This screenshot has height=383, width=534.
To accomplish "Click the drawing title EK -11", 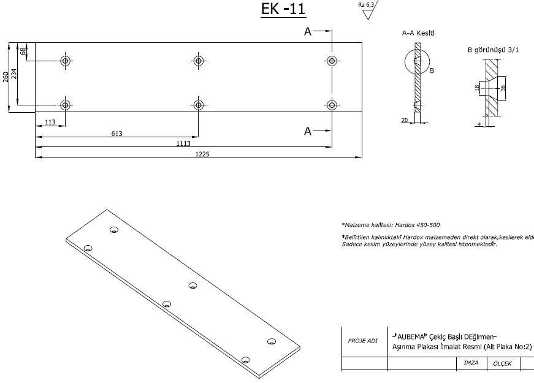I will point(283,10).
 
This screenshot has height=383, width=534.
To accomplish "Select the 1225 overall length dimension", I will point(203,154).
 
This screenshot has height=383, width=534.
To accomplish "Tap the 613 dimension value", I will point(116,133).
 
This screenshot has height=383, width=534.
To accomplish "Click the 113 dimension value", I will point(50,123).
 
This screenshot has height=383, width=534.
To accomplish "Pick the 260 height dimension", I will point(6,77).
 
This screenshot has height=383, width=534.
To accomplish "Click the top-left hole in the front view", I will point(66,61).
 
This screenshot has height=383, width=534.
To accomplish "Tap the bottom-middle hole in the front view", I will point(198,104).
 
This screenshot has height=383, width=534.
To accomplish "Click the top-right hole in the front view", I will point(332,61).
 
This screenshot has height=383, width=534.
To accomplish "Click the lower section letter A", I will point(308,131).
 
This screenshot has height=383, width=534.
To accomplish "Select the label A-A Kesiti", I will point(419,33).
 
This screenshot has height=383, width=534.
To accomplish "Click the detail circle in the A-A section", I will point(418,63).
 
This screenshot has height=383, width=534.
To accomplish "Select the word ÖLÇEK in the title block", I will point(502,364).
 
